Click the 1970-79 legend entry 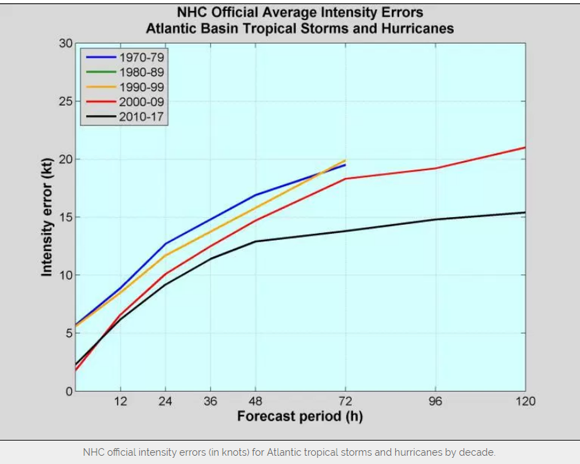click(141, 57)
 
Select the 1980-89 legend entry click(141, 72)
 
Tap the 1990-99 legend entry click(141, 87)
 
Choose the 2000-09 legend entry click(141, 102)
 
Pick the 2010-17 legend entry click(141, 117)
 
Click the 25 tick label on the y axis click(66, 101)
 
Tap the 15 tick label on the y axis click(66, 217)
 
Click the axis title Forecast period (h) click(300, 417)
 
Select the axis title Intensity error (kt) click(47, 217)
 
